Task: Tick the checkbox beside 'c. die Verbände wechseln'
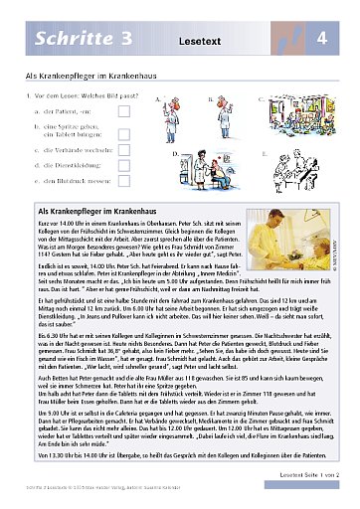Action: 123,148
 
